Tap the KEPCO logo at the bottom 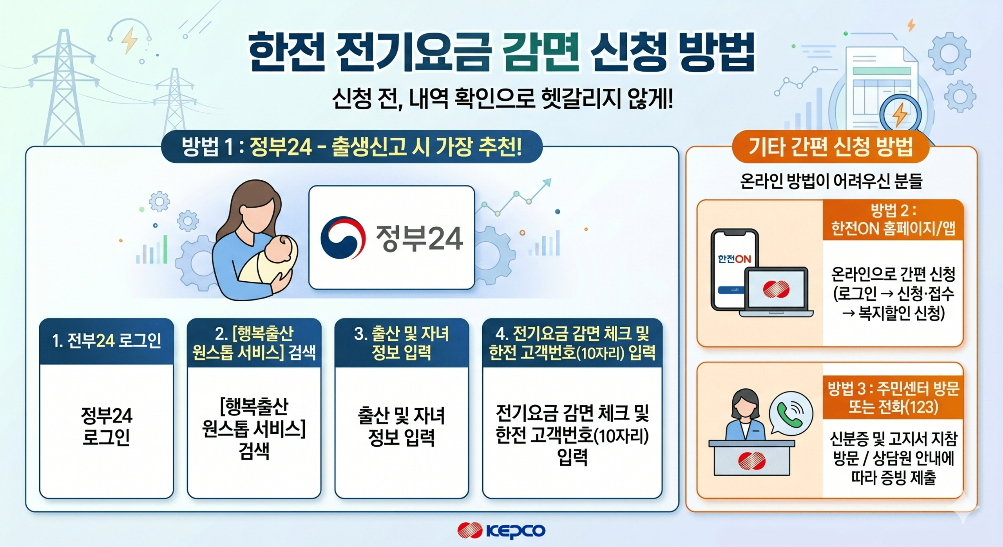point(501,531)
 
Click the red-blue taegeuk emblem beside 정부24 point(343,237)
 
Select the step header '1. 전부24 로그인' point(107,341)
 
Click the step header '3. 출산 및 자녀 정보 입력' point(402,343)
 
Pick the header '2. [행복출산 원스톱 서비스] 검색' point(254,343)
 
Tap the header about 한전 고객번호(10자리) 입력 point(572,343)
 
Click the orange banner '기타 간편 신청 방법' point(831,147)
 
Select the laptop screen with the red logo point(776,289)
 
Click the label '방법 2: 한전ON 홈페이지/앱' point(893,220)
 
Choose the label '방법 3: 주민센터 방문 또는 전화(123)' point(893,398)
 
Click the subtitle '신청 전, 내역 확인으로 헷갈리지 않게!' point(502,99)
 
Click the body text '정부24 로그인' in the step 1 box point(107,426)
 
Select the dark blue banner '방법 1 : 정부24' point(352,147)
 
